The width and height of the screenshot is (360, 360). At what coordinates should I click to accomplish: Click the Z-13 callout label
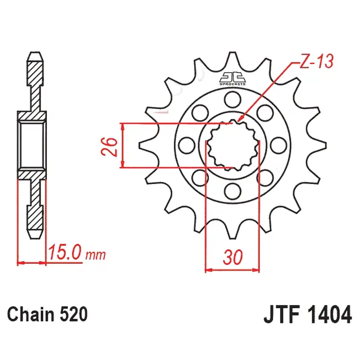316,61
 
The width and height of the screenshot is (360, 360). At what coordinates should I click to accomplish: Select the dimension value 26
109,147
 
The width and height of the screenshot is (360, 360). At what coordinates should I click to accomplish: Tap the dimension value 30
232,257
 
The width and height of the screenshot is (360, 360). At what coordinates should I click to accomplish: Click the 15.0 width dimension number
65,253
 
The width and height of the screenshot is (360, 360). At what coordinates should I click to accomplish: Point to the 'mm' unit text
96,255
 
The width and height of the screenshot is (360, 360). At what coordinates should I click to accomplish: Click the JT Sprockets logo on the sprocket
232,79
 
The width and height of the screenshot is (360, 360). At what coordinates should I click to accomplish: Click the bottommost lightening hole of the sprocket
232,191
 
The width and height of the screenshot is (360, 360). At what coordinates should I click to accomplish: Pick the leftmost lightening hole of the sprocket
186,146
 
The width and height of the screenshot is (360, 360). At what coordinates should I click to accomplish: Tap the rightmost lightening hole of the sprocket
279,146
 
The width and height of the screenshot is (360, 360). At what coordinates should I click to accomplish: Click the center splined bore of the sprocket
232,146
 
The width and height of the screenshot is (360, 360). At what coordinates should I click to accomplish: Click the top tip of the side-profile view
35,52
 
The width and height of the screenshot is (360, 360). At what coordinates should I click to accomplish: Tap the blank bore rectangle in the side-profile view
32,146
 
